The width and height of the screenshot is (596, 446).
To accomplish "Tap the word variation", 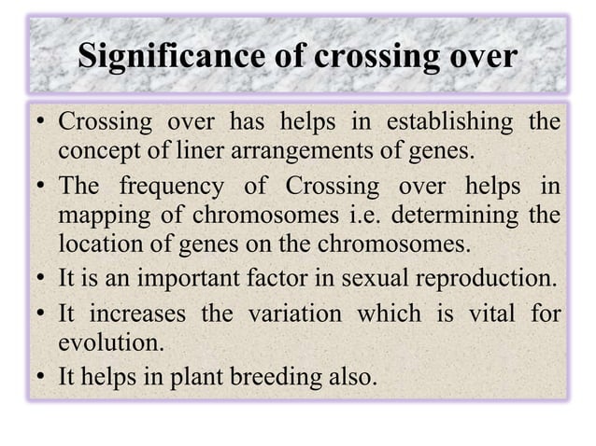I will click(293, 314).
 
